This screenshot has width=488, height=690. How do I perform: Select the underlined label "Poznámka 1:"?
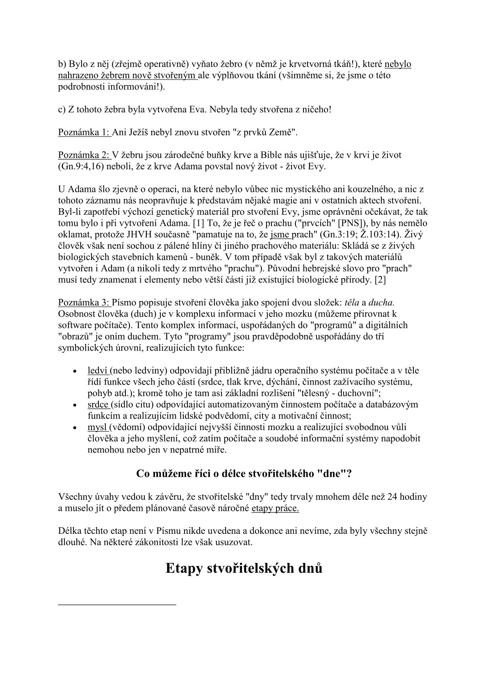click(84, 132)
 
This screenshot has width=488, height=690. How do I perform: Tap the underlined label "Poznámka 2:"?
click(84, 155)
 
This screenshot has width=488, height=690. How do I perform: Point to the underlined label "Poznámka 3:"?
click(84, 303)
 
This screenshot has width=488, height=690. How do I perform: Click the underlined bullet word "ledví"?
click(98, 370)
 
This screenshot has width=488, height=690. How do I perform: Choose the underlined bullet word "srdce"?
click(98, 404)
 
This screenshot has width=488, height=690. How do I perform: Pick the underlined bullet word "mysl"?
click(97, 427)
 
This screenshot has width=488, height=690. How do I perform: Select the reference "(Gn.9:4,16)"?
click(81, 166)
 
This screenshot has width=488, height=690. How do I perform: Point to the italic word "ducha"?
click(381, 303)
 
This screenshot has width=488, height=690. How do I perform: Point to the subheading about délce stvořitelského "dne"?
click(244, 474)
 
